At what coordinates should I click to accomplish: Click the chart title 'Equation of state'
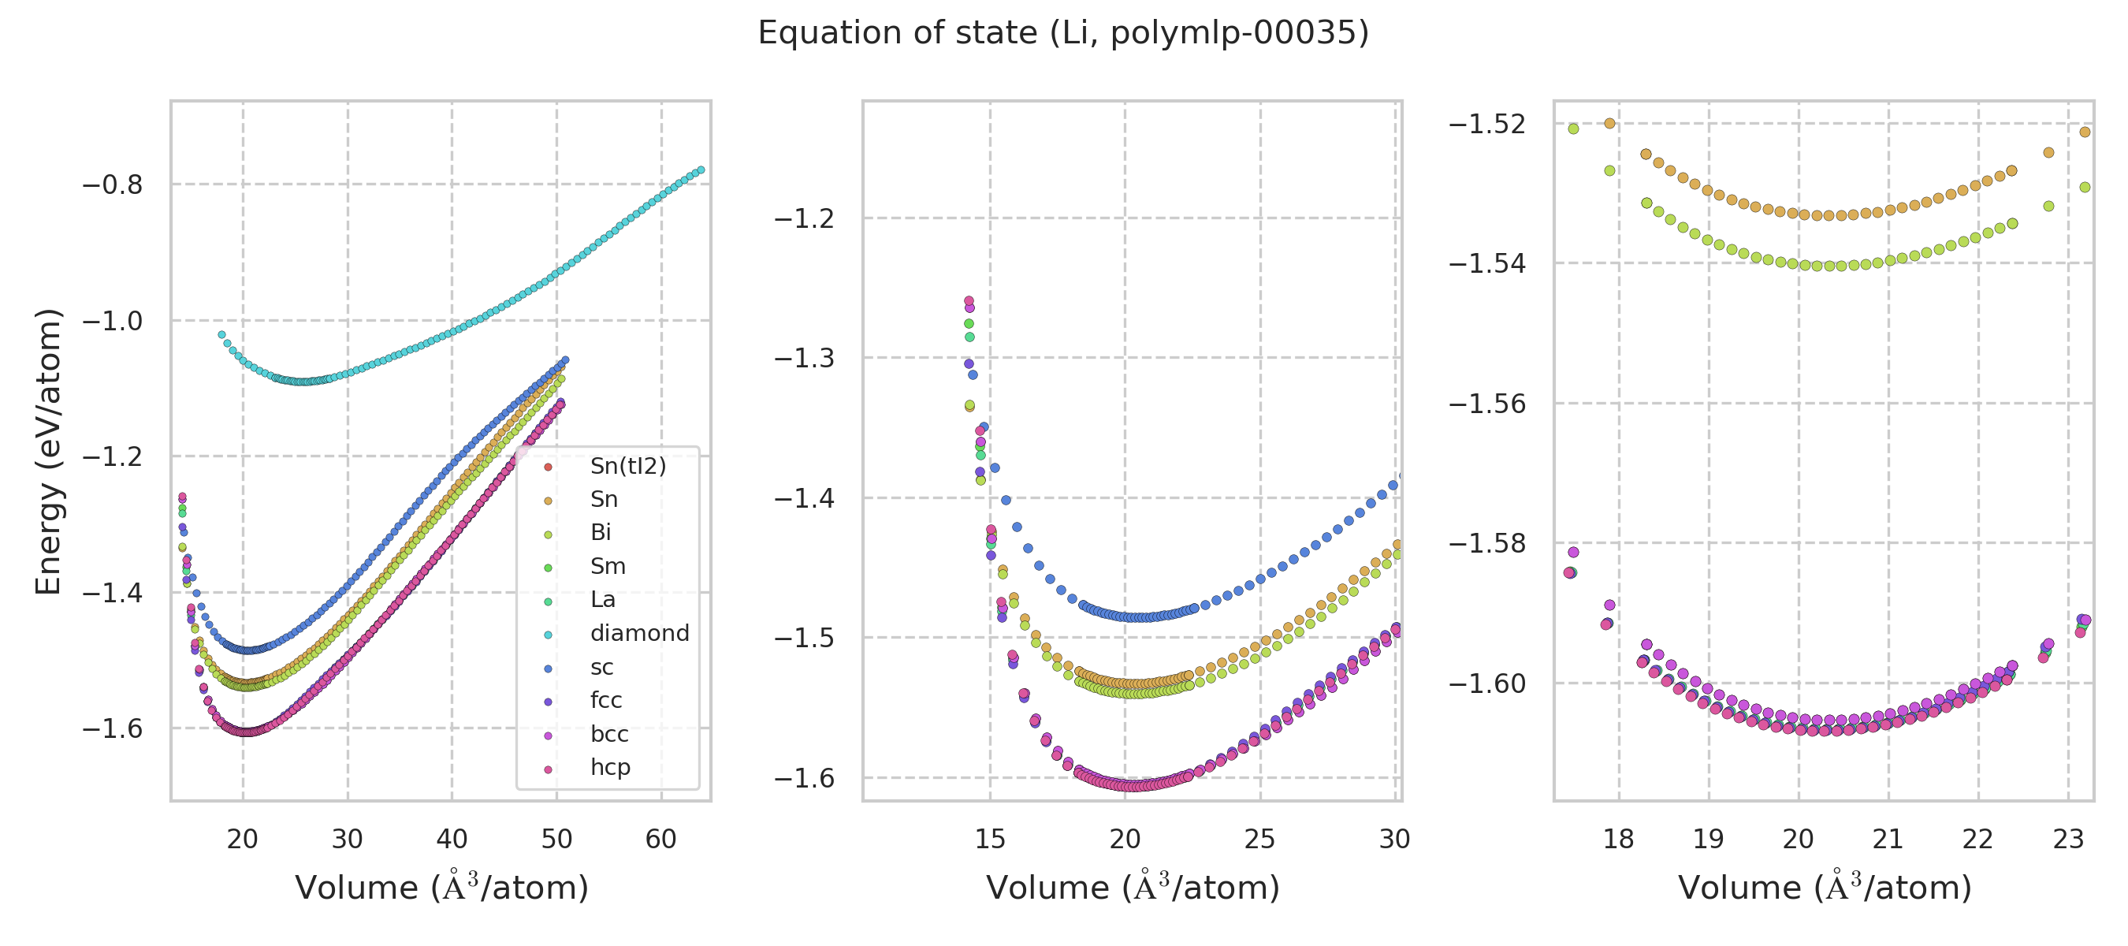(1063, 33)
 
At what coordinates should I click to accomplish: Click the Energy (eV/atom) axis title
(48, 451)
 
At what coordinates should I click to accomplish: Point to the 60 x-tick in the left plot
(661, 840)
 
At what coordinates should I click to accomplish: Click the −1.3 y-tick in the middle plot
(804, 359)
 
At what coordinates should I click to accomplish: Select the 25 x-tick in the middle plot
(1259, 840)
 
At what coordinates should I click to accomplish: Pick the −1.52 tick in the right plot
(1487, 124)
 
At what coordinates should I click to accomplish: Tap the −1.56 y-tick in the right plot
(1487, 404)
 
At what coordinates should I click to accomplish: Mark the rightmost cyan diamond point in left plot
(701, 170)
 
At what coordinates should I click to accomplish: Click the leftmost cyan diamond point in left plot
(221, 334)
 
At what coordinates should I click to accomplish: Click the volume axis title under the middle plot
(1133, 888)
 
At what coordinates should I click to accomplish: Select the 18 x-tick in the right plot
(1618, 840)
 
